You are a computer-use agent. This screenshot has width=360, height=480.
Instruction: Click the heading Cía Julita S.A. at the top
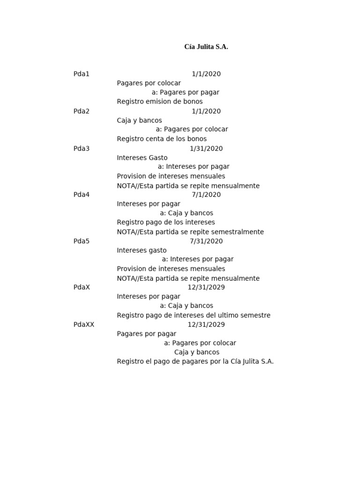206,47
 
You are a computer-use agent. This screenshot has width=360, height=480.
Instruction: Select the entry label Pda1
82,74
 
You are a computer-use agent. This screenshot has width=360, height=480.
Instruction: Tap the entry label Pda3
82,149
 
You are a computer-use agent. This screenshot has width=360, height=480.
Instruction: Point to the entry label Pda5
82,241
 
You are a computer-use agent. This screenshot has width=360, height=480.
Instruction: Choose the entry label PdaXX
84,325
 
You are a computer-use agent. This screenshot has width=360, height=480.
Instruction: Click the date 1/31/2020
206,149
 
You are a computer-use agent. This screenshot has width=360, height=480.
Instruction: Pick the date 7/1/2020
206,195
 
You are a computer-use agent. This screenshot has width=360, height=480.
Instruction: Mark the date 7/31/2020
206,241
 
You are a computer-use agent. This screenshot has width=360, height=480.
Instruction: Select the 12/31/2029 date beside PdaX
206,287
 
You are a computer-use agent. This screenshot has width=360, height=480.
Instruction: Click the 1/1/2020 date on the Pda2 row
206,112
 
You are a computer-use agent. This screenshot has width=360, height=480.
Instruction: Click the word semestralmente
238,232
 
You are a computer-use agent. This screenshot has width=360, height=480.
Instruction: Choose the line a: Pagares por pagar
186,92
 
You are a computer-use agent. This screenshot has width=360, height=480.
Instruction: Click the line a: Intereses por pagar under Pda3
194,167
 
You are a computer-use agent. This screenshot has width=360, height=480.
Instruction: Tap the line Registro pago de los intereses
166,223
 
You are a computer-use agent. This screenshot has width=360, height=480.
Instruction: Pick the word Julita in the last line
254,362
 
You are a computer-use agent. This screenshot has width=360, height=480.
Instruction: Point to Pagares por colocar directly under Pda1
149,83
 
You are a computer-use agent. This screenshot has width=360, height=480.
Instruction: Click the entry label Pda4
82,195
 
